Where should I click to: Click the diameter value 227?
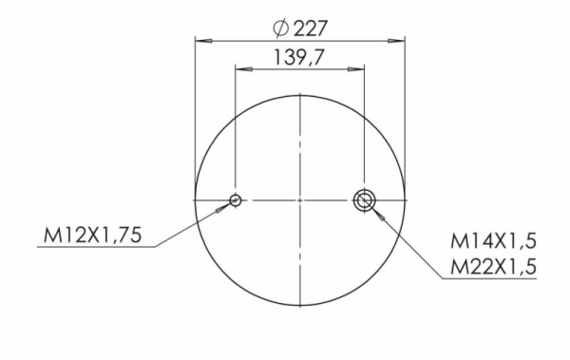[311, 28]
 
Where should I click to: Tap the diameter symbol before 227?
[281, 28]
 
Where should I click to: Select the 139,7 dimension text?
[298, 57]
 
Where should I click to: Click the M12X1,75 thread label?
[92, 235]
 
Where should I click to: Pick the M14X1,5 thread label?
[493, 241]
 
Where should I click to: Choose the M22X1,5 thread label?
[493, 267]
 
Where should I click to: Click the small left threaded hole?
[236, 199]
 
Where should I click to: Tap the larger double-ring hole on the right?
[364, 199]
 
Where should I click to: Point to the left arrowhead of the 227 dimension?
[203, 41]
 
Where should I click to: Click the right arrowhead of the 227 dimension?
[396, 41]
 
